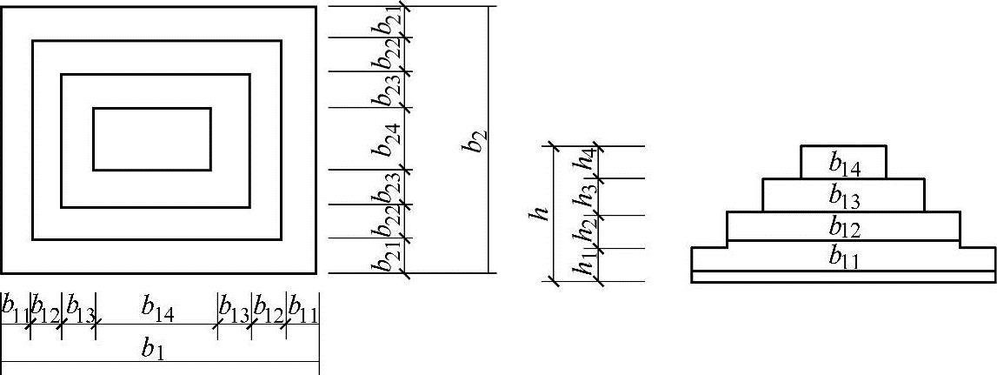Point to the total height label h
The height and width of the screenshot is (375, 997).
click(x=542, y=214)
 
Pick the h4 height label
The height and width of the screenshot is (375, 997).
click(x=588, y=162)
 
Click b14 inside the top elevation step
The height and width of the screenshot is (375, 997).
click(x=842, y=162)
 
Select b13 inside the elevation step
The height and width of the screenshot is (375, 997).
click(x=843, y=197)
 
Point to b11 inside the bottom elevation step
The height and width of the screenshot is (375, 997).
click(x=843, y=258)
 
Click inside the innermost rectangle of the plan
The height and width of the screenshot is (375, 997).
click(x=152, y=139)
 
